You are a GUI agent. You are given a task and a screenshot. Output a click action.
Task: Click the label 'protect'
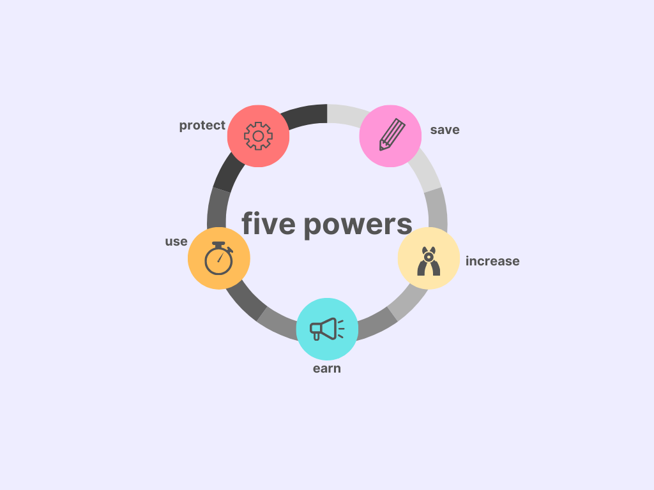point(202,126)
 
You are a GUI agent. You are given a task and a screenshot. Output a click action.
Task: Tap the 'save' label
point(445,130)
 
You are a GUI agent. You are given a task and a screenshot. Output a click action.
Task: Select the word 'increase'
point(492,261)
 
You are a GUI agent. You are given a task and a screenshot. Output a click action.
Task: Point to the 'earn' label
point(327,369)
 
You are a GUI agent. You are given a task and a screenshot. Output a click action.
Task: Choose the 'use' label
point(176,242)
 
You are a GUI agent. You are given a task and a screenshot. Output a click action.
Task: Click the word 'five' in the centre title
point(269,223)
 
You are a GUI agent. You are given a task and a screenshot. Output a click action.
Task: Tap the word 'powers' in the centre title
point(358,226)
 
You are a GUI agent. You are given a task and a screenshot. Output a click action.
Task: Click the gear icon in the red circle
point(258,136)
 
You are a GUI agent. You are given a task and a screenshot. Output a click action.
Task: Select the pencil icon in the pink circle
point(392,135)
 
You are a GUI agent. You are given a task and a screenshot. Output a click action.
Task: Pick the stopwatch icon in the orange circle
point(219,258)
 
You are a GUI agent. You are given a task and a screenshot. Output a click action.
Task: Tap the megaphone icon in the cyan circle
point(327,329)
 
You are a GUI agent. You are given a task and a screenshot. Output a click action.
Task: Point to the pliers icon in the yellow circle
point(429,261)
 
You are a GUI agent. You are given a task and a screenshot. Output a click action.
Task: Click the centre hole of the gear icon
point(258,136)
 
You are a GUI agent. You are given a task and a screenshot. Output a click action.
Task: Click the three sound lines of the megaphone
point(341,329)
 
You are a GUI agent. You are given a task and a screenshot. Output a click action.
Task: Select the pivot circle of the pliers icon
point(429,258)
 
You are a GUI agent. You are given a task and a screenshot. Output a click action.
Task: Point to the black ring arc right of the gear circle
point(305,115)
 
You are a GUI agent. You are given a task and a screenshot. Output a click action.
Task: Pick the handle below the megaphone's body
point(317,336)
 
